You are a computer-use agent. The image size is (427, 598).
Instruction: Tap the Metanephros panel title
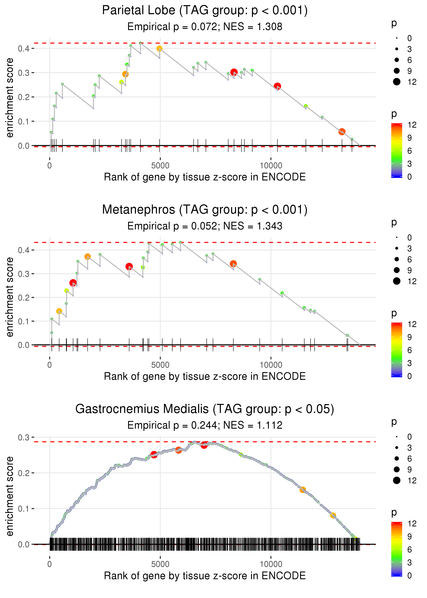click(205, 210)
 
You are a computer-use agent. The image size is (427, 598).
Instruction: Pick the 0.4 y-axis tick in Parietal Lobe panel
click(24, 48)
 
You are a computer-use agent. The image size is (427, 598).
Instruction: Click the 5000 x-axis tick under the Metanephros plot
click(160, 365)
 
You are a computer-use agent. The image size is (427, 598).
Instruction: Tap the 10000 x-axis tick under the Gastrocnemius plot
click(271, 564)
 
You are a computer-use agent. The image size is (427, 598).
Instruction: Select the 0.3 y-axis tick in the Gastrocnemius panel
click(24, 438)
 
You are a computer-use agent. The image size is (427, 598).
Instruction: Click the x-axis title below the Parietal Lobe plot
click(205, 177)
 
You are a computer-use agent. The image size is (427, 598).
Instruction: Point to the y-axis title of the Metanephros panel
click(10, 297)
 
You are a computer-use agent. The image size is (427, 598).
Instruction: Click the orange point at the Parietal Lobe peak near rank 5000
click(159, 48)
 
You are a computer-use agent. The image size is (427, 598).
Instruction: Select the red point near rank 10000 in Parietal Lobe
click(277, 86)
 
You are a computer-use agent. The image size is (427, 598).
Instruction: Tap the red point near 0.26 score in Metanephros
click(73, 283)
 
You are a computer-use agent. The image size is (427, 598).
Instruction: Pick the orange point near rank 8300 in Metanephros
click(233, 263)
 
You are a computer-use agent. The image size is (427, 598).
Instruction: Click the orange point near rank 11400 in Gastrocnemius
click(303, 490)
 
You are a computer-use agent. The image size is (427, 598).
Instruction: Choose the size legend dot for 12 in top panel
click(396, 82)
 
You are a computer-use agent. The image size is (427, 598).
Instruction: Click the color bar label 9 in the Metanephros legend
click(409, 337)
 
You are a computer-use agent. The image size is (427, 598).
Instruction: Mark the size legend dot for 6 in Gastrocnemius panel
click(396, 459)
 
